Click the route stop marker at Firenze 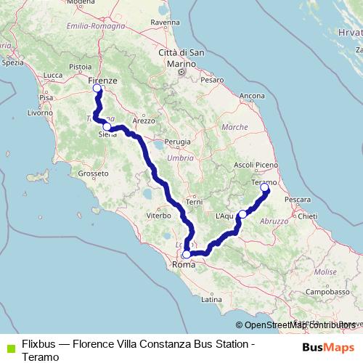click(x=97, y=89)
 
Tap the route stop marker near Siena click(x=107, y=126)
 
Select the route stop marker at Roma click(x=187, y=254)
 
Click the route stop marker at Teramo click(x=264, y=188)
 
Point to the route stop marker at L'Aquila click(x=242, y=214)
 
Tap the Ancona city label click(x=252, y=96)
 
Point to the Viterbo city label click(x=158, y=216)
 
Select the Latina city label click(x=212, y=299)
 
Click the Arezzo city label click(x=144, y=121)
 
